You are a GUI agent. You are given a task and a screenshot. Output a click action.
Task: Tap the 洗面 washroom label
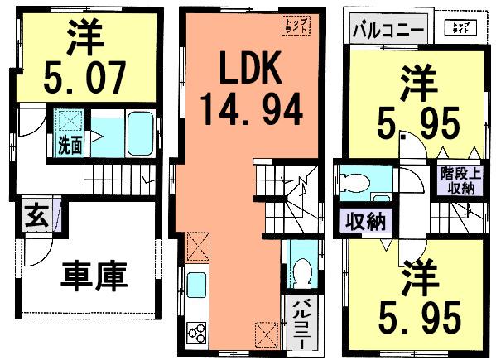(x=70, y=146)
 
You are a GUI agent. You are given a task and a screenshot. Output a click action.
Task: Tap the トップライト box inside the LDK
(x=294, y=25)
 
